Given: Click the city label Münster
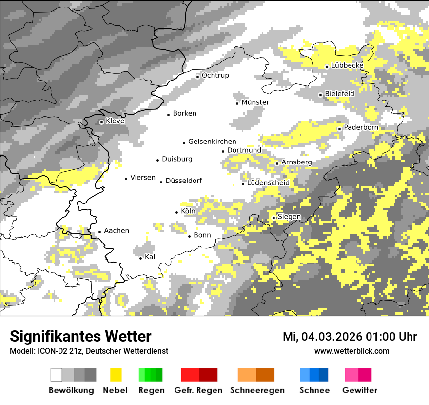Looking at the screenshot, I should pyautogui.click(x=255, y=102).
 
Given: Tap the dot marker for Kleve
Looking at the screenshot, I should pyautogui.click(x=101, y=122).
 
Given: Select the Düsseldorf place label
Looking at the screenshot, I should pyautogui.click(x=184, y=181).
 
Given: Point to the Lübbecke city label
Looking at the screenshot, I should pyautogui.click(x=348, y=65).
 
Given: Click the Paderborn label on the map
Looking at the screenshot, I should pyautogui.click(x=361, y=128).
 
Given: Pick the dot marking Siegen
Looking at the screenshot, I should pyautogui.click(x=274, y=218).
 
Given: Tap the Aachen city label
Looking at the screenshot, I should pyautogui.click(x=117, y=231).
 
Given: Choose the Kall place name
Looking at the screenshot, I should pyautogui.click(x=151, y=257).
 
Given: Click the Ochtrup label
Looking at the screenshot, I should pyautogui.click(x=215, y=76).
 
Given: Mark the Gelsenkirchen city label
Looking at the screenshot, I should pyautogui.click(x=212, y=142).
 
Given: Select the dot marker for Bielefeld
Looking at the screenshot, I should pyautogui.click(x=320, y=95).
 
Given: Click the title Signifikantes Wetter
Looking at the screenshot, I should pyautogui.click(x=80, y=336).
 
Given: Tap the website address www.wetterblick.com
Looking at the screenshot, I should pyautogui.click(x=352, y=351).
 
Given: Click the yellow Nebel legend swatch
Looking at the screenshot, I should pyautogui.click(x=116, y=375).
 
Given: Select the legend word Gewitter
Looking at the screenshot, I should pyautogui.click(x=360, y=390).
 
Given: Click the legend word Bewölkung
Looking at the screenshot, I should pyautogui.click(x=71, y=390).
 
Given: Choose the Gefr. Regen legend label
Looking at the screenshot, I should pyautogui.click(x=198, y=390).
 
